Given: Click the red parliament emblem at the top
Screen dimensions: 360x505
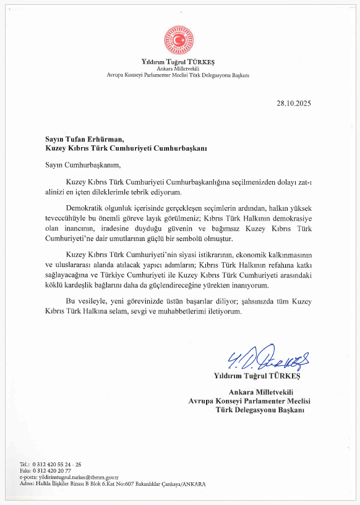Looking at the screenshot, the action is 179,40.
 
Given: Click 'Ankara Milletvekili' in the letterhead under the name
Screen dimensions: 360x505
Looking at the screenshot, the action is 179,69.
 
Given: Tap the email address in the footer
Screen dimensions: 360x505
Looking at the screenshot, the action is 77,477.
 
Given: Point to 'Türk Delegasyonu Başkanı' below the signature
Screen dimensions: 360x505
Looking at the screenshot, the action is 260,410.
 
